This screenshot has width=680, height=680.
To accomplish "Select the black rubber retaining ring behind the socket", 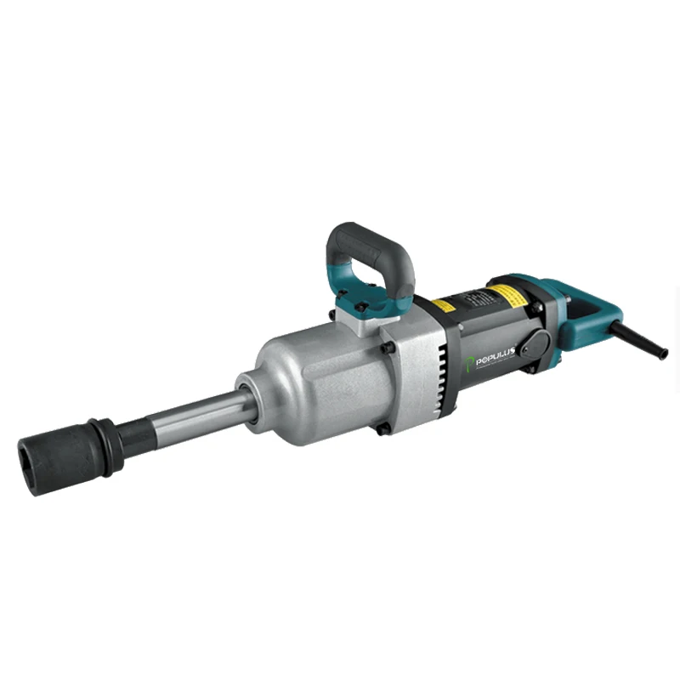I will point(107,441).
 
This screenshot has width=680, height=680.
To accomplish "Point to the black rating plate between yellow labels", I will point(476,299).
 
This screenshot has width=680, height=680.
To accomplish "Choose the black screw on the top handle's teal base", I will point(361,307).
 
